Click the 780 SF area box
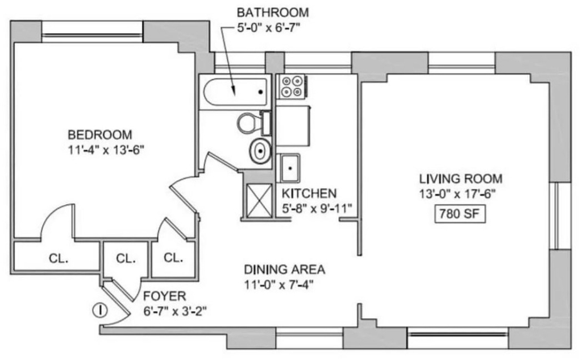pyautogui.click(x=460, y=214)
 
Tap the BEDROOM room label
pyautogui.click(x=100, y=134)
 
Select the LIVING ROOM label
pyautogui.click(x=460, y=179)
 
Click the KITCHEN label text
pyautogui.click(x=309, y=193)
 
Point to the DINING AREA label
pyautogui.click(x=284, y=269)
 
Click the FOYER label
pyautogui.click(x=164, y=296)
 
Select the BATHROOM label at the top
pyautogui.click(x=273, y=13)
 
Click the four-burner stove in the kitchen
pyautogui.click(x=292, y=86)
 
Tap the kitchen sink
pyautogui.click(x=290, y=168)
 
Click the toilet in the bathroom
pyautogui.click(x=254, y=123)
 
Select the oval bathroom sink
pyautogui.click(x=260, y=151)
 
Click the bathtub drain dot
pyautogui.click(x=260, y=92)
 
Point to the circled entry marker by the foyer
pyautogui.click(x=99, y=310)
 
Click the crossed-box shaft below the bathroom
pyautogui.click(x=259, y=200)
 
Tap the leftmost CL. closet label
pyautogui.click(x=59, y=258)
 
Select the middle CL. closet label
pyautogui.click(x=126, y=258)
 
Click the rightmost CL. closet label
pyautogui.click(x=173, y=258)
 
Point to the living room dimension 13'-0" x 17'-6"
pyautogui.click(x=458, y=194)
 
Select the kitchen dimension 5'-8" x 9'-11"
pyautogui.click(x=317, y=208)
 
